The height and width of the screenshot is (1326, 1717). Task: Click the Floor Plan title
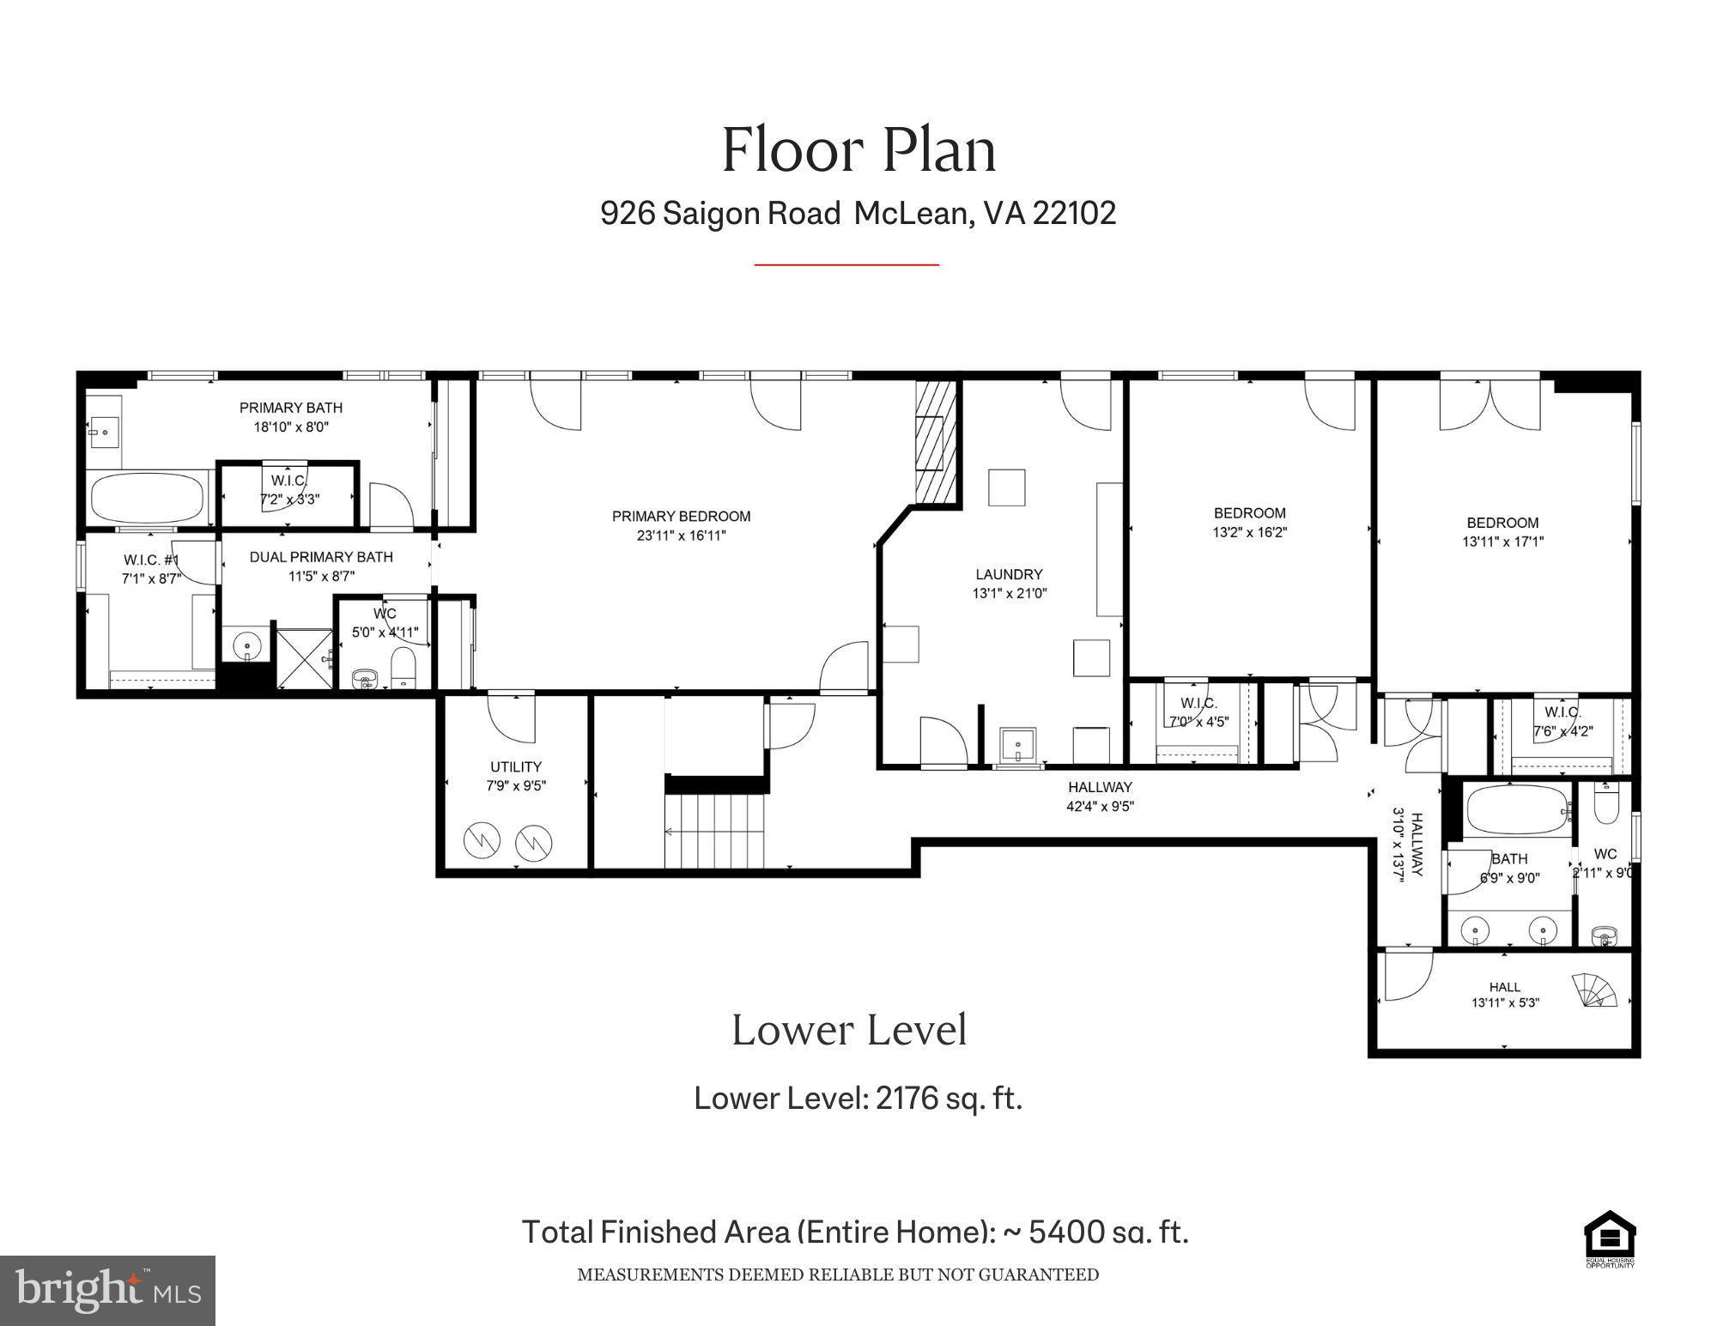[858, 150]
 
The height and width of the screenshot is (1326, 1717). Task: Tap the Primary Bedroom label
[681, 517]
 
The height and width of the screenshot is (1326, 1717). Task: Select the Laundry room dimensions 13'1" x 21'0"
[1010, 593]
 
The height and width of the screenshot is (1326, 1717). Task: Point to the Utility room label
[515, 766]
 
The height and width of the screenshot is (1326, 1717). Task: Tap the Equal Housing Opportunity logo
[1609, 1238]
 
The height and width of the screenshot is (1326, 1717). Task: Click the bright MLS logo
[107, 1290]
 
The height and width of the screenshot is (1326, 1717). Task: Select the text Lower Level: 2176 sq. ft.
[858, 1098]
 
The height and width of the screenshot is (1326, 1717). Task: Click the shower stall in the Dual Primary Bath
[303, 657]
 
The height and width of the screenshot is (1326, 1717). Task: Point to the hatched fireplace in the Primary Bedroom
[936, 442]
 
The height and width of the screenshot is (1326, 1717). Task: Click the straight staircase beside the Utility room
[714, 830]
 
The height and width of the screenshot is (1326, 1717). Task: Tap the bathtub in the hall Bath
[1518, 809]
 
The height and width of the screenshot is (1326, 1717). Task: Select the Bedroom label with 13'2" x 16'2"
[1249, 513]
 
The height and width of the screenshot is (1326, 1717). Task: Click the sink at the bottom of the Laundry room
[1018, 744]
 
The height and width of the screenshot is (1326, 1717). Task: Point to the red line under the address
[846, 265]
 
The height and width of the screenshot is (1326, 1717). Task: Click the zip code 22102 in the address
[1074, 213]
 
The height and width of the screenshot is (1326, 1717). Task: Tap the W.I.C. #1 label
[151, 560]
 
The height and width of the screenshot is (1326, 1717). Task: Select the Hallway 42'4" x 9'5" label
[1100, 787]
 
